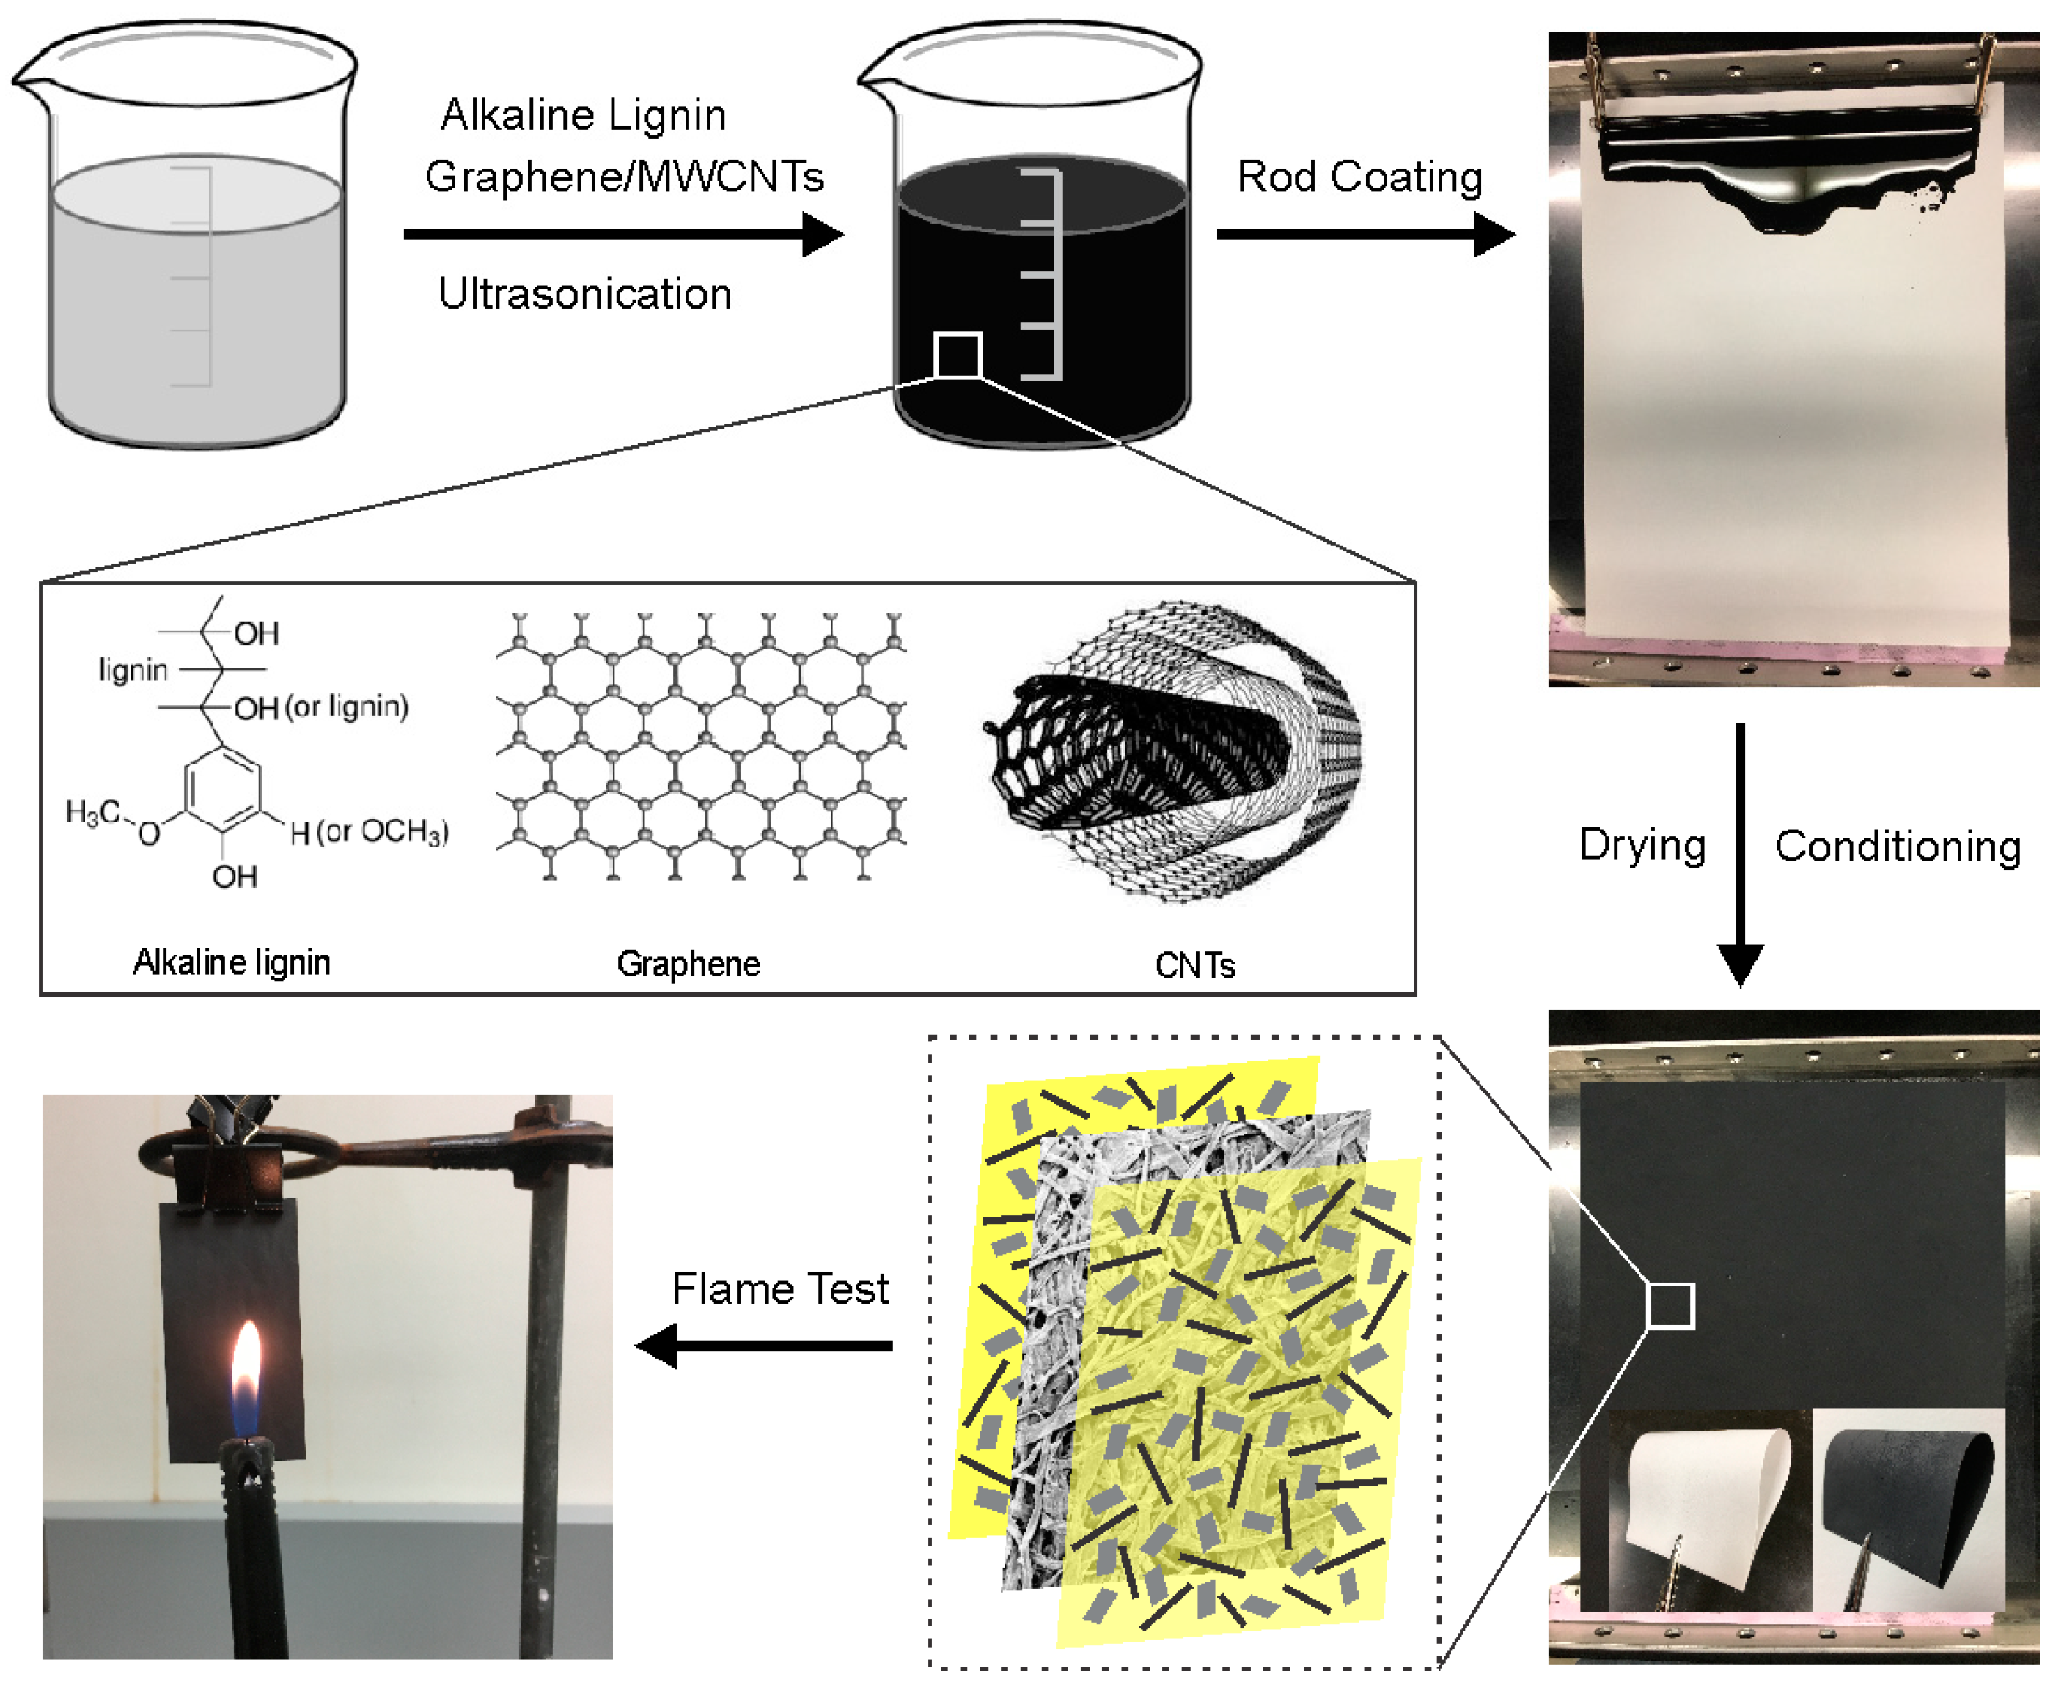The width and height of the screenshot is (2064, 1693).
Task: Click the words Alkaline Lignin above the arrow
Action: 584,115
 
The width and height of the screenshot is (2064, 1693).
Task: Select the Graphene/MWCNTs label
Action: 624,177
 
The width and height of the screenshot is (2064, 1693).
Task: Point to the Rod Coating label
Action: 1359,177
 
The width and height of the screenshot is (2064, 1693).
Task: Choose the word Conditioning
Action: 1898,846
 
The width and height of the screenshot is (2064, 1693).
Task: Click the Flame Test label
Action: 780,1289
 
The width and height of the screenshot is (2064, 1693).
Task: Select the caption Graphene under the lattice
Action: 688,964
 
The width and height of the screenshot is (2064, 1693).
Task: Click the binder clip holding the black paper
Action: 230,1160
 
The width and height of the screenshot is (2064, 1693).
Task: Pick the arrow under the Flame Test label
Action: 764,1346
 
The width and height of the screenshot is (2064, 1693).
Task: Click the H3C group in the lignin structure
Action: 92,812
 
